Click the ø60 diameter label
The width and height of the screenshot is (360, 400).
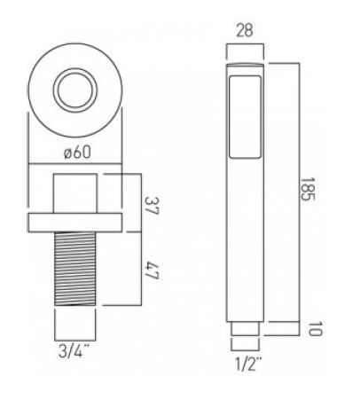click(77, 153)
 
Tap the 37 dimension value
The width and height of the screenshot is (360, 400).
click(152, 206)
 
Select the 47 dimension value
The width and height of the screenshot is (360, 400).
click(152, 270)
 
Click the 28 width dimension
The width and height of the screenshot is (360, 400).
click(245, 30)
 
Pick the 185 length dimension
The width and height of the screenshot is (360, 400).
click(308, 189)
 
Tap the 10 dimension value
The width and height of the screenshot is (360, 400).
click(315, 328)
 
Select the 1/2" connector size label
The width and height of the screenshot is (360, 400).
click(248, 364)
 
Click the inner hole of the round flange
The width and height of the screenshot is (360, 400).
click(75, 90)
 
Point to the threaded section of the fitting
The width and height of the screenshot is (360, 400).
click(75, 269)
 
